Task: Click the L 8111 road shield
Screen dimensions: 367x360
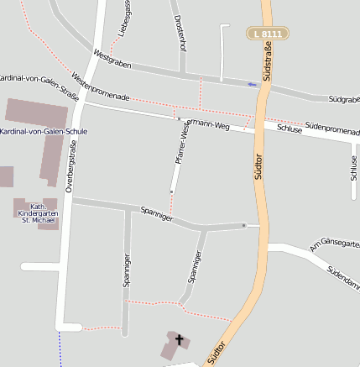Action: [269, 34]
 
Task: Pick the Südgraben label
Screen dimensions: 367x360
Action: [343, 99]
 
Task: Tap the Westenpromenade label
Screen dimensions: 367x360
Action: [101, 87]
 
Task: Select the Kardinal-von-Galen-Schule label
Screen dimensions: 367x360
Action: [44, 132]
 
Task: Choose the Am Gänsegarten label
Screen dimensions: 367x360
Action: [334, 244]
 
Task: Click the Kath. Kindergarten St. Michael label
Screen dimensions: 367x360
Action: [38, 213]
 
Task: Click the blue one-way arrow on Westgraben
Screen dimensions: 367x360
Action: [253, 84]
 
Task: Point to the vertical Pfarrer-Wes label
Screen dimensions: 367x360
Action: [180, 143]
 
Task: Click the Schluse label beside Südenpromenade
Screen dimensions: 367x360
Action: [289, 128]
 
